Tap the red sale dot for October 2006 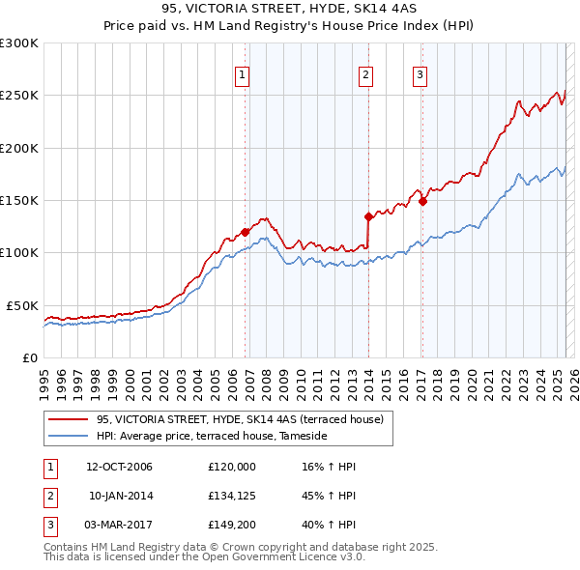(x=246, y=232)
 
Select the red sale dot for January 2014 (x=368, y=216)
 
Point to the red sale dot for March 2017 (x=422, y=201)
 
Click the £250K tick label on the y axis (x=18, y=96)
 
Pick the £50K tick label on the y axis (x=22, y=305)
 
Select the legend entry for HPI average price (x=212, y=437)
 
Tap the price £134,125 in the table (x=231, y=496)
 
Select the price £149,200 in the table (x=231, y=525)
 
